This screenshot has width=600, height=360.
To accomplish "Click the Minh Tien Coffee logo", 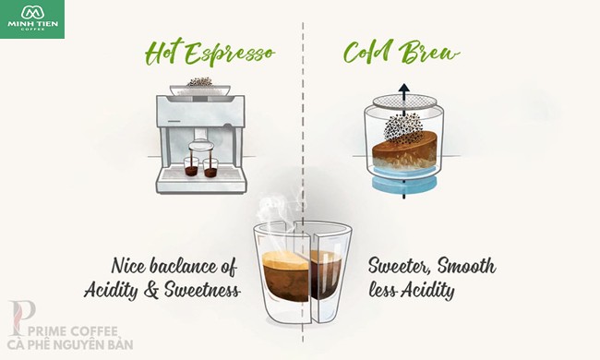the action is [32, 18].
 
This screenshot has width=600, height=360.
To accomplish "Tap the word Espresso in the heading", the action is [231, 54].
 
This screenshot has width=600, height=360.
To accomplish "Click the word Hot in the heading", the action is [162, 54].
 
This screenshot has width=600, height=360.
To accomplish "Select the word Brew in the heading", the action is [428, 52].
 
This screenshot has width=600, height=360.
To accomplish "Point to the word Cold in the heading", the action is [368, 52].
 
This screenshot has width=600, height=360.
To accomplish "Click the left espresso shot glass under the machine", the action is [191, 166].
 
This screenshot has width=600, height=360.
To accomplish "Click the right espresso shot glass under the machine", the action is [210, 168].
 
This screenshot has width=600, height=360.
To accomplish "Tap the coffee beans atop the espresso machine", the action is [199, 81].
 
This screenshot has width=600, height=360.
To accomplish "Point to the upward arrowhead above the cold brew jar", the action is [403, 90].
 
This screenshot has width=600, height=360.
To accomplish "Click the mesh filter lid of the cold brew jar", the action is [405, 101].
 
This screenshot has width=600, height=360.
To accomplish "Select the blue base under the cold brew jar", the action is [404, 184].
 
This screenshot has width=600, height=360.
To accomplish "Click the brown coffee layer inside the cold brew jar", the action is [404, 150].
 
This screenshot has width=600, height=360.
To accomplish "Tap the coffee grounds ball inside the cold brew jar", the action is [400, 127].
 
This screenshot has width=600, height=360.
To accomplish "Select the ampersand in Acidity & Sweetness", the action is [152, 290].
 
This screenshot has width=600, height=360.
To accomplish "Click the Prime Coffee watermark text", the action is [70, 338].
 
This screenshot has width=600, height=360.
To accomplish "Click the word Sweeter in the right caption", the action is [401, 266].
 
